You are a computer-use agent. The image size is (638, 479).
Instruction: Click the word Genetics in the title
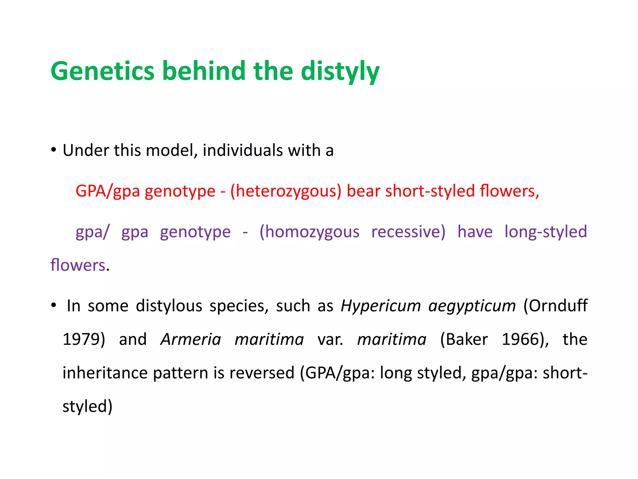coord(102,71)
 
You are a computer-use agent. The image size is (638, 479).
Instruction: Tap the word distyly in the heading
coord(340,72)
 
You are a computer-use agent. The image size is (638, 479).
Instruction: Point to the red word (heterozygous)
coord(286,191)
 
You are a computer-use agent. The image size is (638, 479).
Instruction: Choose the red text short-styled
coord(430,191)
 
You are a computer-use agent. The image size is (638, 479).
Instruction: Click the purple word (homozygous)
coord(309,232)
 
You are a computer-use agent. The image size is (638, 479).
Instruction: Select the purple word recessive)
coord(408,232)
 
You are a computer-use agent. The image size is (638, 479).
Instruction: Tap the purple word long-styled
coord(545,232)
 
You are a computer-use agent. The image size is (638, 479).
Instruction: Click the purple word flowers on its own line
coord(78,265)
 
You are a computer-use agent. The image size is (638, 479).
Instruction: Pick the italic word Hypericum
coord(381,306)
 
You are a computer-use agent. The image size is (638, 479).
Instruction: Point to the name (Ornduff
coord(555,306)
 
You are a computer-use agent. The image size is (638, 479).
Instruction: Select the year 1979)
coord(84,339)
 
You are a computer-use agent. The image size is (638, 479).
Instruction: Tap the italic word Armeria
coord(191,339)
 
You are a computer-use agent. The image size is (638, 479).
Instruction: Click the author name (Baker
coord(464,339)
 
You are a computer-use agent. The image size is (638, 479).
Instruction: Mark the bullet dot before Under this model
coord(54,150)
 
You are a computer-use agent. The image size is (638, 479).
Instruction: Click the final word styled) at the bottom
coord(87,407)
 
